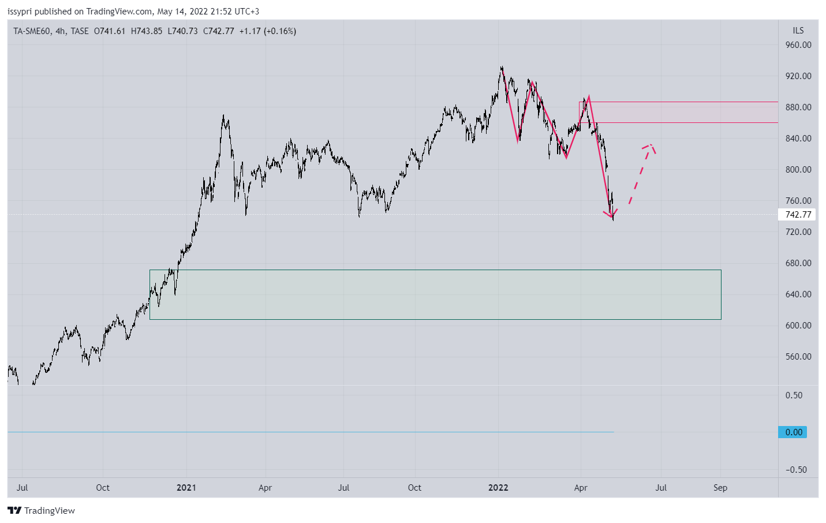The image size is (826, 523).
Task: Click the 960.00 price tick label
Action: click(798, 45)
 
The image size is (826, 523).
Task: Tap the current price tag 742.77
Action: click(798, 215)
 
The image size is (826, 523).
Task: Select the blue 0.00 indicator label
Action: click(793, 432)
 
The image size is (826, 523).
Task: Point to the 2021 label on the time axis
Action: click(186, 488)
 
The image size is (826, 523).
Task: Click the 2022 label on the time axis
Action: click(498, 488)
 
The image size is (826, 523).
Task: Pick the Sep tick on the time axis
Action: click(720, 488)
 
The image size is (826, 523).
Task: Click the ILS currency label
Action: click(798, 31)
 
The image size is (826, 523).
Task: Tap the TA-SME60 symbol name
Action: click(32, 31)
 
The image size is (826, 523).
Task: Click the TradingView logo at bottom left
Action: click(41, 510)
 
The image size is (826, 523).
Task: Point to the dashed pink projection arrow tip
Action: click(651, 145)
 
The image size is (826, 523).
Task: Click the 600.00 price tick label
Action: click(798, 326)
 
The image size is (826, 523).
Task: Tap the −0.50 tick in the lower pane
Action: click(796, 470)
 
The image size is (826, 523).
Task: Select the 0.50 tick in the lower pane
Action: click(794, 395)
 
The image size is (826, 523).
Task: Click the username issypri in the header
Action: click(20, 12)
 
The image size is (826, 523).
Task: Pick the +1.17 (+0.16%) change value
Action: click(268, 31)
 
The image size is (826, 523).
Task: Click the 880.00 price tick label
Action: click(798, 107)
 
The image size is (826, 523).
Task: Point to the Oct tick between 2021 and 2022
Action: click(414, 488)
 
